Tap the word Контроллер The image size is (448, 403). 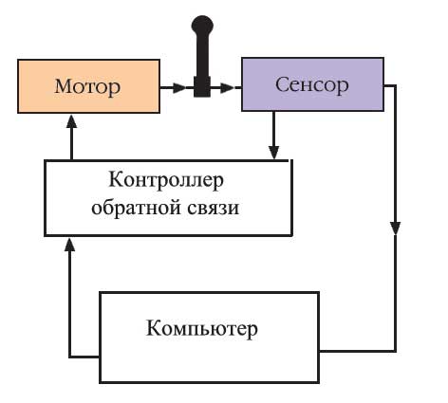pyautogui.click(x=169, y=179)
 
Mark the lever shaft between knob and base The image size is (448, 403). pyautogui.click(x=202, y=57)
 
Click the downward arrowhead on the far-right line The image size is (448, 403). pyautogui.click(x=395, y=228)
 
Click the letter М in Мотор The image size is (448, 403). pyautogui.click(x=64, y=88)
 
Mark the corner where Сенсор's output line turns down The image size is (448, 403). pyautogui.click(x=395, y=86)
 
